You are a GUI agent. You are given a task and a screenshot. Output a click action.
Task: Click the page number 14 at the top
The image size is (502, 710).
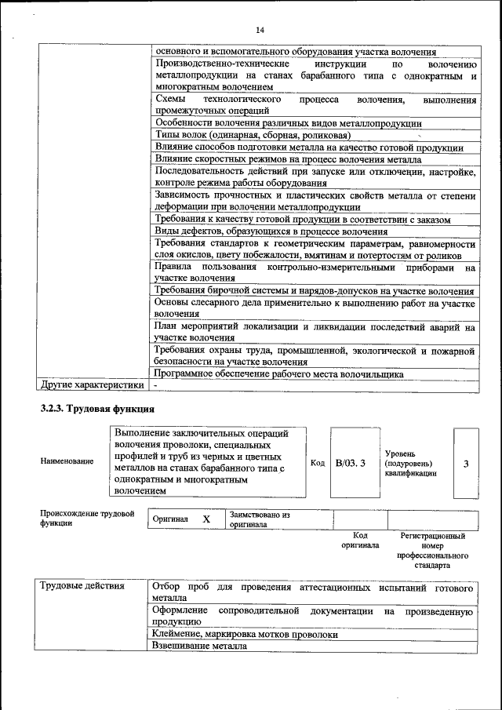pyautogui.click(x=260, y=30)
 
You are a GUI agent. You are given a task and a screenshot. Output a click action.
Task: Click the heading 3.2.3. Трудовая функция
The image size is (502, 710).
pyautogui.click(x=98, y=409)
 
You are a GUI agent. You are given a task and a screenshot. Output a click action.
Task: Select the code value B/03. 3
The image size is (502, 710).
pyautogui.click(x=351, y=464)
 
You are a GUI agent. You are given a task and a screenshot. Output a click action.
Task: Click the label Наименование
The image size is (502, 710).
pyautogui.click(x=67, y=462)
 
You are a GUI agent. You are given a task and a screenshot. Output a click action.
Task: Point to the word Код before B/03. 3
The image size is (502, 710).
pyautogui.click(x=318, y=464)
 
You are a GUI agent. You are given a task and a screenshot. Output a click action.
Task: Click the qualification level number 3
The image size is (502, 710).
pyautogui.click(x=466, y=464)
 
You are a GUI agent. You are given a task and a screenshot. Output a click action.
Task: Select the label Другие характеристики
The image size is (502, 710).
pyautogui.click(x=93, y=385)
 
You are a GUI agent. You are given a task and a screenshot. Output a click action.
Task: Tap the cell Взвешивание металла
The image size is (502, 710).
pyautogui.click(x=200, y=646)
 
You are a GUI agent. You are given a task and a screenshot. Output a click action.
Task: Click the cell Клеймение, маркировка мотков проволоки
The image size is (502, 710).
pyautogui.click(x=246, y=634)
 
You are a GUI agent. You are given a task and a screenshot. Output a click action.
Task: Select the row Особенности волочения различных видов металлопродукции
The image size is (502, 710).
pyautogui.click(x=289, y=123)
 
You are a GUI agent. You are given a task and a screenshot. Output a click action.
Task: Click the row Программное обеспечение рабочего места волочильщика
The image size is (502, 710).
pyautogui.click(x=278, y=374)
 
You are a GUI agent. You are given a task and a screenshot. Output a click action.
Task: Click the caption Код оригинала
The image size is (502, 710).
pyautogui.click(x=360, y=540)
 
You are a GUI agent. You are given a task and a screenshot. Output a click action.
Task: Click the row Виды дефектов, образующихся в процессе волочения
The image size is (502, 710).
pyautogui.click(x=271, y=231)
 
